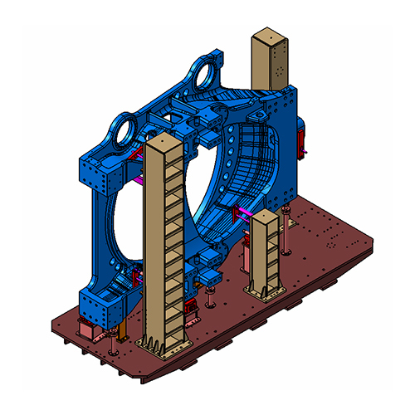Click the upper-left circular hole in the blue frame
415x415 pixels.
coord(124,130)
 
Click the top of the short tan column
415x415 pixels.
coord(266,217)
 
